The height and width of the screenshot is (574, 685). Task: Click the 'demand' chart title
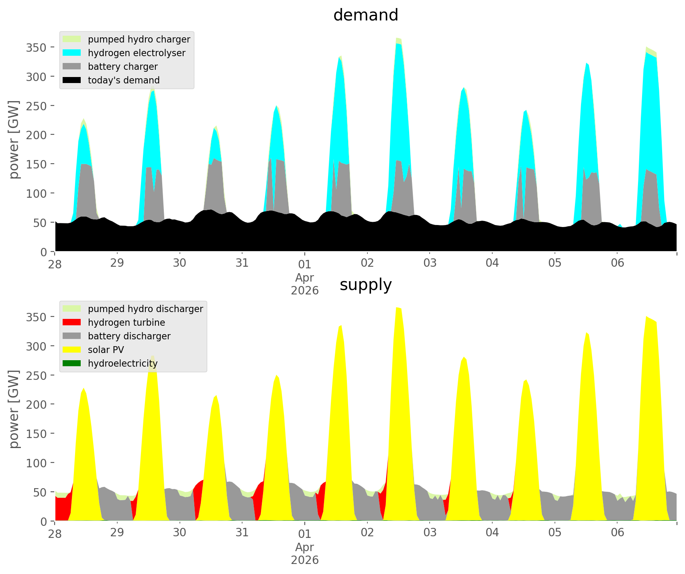[365, 15]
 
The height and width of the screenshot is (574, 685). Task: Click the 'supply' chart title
[365, 285]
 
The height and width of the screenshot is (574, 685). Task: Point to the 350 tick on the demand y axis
[37, 47]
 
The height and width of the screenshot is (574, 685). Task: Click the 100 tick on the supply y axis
[37, 462]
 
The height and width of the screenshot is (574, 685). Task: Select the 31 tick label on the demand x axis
[242, 263]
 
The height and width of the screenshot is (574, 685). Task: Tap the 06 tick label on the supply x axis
[618, 533]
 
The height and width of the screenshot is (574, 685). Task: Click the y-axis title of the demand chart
[14, 140]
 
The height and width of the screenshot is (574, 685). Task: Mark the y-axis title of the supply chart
[14, 409]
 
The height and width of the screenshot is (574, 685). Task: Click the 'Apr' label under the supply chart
[305, 547]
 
